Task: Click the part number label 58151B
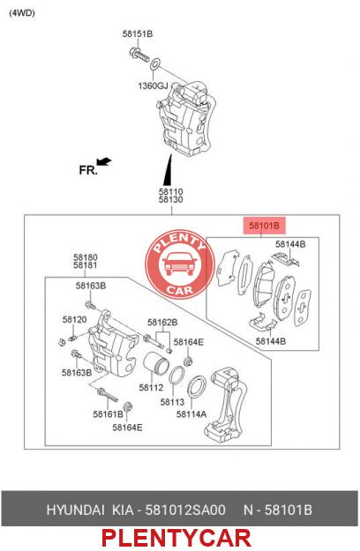pyautogui.click(x=138, y=34)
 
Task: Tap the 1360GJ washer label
pyautogui.click(x=153, y=86)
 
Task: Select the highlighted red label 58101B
pyautogui.click(x=264, y=226)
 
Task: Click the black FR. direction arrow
pyautogui.click(x=104, y=161)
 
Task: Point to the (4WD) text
pyautogui.click(x=22, y=13)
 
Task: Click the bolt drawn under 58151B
pyautogui.click(x=139, y=56)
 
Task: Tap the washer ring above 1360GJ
pyautogui.click(x=155, y=64)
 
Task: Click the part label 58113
pyautogui.click(x=172, y=402)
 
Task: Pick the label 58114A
pyautogui.click(x=191, y=414)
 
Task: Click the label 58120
pyautogui.click(x=74, y=319)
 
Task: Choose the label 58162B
pyautogui.click(x=162, y=323)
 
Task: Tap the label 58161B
pyautogui.click(x=109, y=414)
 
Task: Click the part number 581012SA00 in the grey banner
pyautogui.click(x=185, y=510)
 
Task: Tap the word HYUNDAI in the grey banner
pyautogui.click(x=76, y=510)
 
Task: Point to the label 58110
pyautogui.click(x=171, y=192)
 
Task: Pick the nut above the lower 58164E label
pyautogui.click(x=129, y=406)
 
